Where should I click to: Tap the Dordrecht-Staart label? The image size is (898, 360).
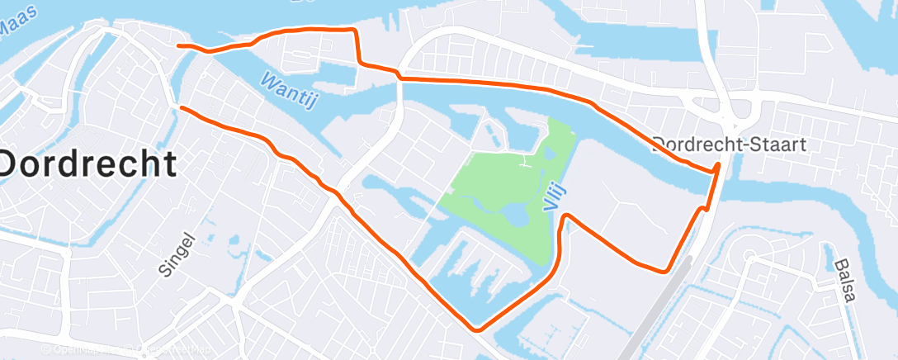pyautogui.click(x=729, y=144)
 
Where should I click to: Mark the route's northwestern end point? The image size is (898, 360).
pyautogui.click(x=179, y=46)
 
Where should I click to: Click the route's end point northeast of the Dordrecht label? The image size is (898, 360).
pyautogui.click(x=181, y=108)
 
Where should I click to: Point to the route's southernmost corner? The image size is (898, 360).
pyautogui.click(x=477, y=329)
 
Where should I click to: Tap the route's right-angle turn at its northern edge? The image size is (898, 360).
pyautogui.click(x=356, y=31)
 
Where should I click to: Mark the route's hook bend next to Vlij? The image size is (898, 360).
pyautogui.click(x=566, y=216)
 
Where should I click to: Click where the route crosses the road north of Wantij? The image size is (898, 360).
pyautogui.click(x=399, y=76)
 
